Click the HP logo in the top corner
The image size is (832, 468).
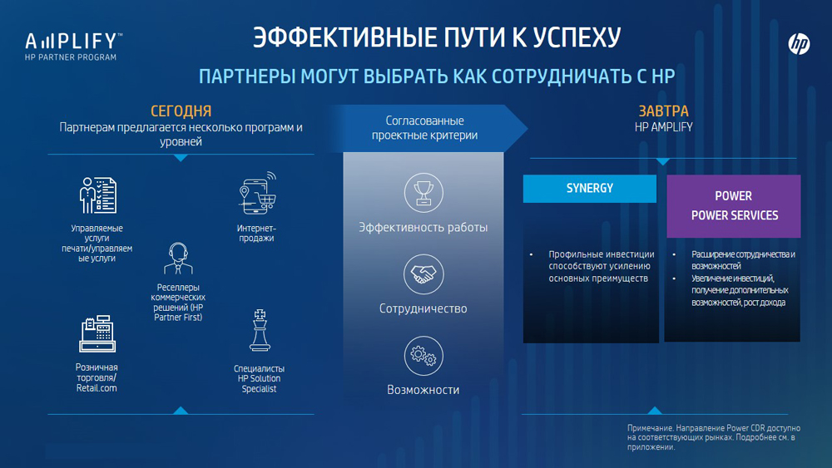pyautogui.click(x=799, y=44)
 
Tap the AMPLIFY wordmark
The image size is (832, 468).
pyautogui.click(x=74, y=42)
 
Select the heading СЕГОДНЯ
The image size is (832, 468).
pyautogui.click(x=181, y=111)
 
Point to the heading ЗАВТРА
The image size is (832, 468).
pyautogui.click(x=663, y=111)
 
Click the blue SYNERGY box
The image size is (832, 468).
pyautogui.click(x=590, y=189)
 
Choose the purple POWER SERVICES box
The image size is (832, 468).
pyautogui.click(x=733, y=206)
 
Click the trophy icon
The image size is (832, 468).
pyautogui.click(x=423, y=193)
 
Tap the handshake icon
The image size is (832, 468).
pyautogui.click(x=423, y=274)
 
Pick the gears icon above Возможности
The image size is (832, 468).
pyautogui.click(x=423, y=356)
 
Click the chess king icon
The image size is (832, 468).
pyautogui.click(x=260, y=331)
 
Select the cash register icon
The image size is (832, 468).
pyautogui.click(x=97, y=334)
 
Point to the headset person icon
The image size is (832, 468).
pyautogui.click(x=178, y=259)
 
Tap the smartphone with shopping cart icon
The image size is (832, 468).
pyautogui.click(x=258, y=193)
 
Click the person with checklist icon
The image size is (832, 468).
pyautogui.click(x=97, y=195)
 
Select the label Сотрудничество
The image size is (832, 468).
pyautogui.click(x=423, y=308)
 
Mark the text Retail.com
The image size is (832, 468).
pyautogui.click(x=97, y=388)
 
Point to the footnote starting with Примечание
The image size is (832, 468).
pyautogui.click(x=714, y=437)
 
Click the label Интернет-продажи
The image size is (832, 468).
pyautogui.click(x=256, y=234)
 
